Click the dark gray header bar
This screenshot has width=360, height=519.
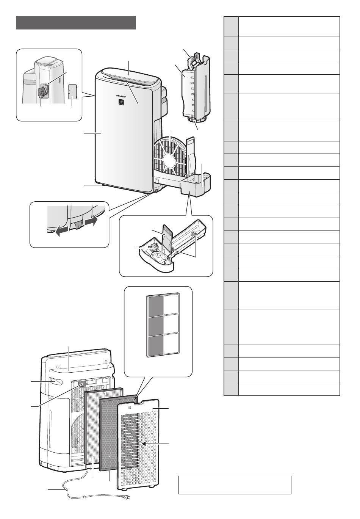(76, 23)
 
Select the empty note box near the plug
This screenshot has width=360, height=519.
(235, 485)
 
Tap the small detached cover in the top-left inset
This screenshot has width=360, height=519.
(72, 91)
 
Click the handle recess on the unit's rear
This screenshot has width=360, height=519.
(55, 381)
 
